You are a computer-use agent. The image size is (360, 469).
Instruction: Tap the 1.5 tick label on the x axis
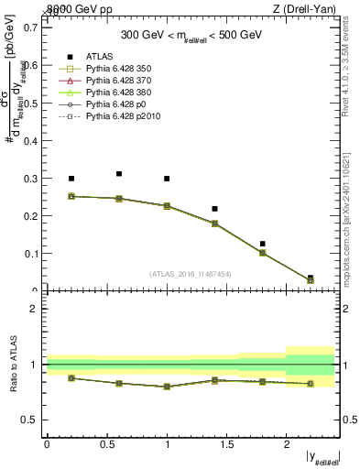click(x=226, y=444)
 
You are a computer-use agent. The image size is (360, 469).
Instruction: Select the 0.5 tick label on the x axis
click(x=106, y=444)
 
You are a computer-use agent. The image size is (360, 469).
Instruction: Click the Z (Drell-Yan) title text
click(x=311, y=9)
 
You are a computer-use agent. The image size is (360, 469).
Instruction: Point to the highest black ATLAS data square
click(x=119, y=173)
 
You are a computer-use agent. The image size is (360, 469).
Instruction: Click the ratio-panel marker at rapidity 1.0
click(x=167, y=387)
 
